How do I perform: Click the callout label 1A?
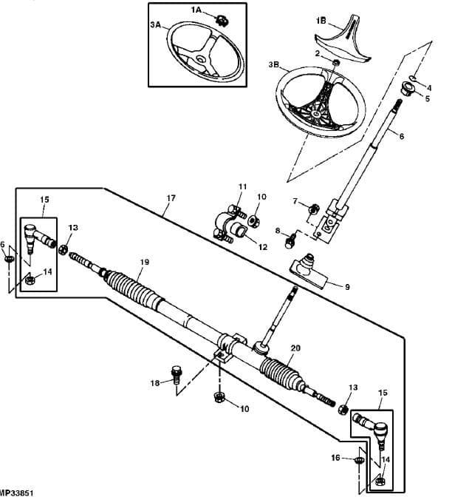coord(196,10)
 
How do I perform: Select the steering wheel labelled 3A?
coord(206,50)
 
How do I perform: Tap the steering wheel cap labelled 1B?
coord(343,40)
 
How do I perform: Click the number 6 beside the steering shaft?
coord(402,136)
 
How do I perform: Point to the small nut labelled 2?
coord(337,62)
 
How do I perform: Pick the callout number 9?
coord(347,287)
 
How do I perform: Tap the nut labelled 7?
coord(314,209)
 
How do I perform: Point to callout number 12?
coord(263,247)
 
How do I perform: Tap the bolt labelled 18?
coord(176,375)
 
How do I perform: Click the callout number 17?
coord(171,198)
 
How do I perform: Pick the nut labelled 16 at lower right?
coord(358,460)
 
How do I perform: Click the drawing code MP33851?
coord(16,493)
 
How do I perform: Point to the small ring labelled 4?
coord(413,78)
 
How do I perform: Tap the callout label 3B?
coord(274,64)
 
